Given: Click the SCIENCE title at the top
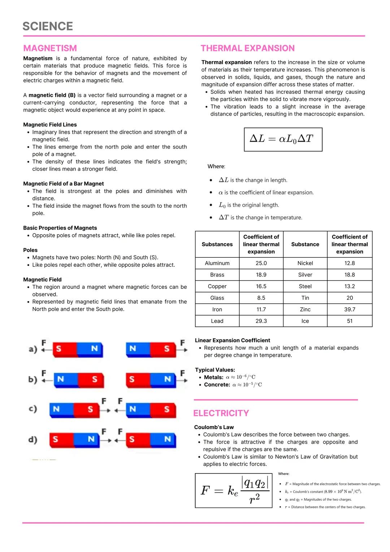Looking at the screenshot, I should pyautogui.click(x=48, y=26).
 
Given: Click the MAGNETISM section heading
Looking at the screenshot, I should pyautogui.click(x=50, y=48).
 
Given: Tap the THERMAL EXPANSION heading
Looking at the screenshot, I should pyautogui.click(x=248, y=48).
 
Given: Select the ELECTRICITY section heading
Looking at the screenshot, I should pyautogui.click(x=221, y=413).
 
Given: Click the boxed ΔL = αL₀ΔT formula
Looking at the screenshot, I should pyautogui.click(x=283, y=139).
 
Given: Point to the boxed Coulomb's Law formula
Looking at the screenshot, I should pyautogui.click(x=233, y=490).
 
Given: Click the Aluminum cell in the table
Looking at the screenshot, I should pyautogui.click(x=217, y=263).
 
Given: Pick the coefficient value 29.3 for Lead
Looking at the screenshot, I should pyautogui.click(x=261, y=321).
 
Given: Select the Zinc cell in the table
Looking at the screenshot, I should pyautogui.click(x=305, y=309).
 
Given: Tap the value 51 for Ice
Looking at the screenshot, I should pyautogui.click(x=350, y=321).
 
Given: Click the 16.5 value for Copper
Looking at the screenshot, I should pyautogui.click(x=261, y=286).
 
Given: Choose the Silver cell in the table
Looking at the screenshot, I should pyautogui.click(x=305, y=275).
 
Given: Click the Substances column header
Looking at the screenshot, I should pyautogui.click(x=217, y=244).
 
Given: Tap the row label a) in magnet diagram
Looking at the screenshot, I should pyautogui.click(x=33, y=349).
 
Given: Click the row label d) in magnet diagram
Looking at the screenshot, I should pyautogui.click(x=33, y=440).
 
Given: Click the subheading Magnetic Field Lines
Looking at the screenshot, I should pyautogui.click(x=50, y=125).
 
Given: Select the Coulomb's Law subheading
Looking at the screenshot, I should pyautogui.click(x=214, y=427).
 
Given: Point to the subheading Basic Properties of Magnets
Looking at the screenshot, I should pyautogui.click(x=60, y=228).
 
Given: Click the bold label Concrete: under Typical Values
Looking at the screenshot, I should pyautogui.click(x=217, y=385).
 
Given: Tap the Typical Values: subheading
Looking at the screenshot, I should pyautogui.click(x=215, y=370).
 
